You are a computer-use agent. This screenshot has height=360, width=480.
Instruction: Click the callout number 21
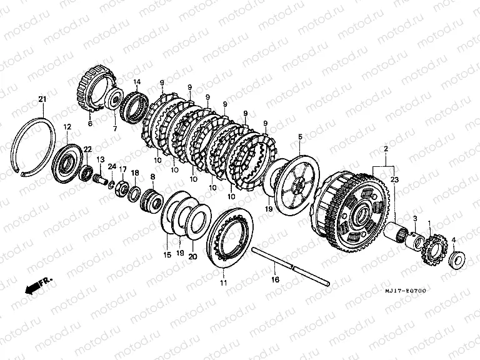coord(42,99)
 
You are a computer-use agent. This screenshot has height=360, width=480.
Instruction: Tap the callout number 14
coord(137,82)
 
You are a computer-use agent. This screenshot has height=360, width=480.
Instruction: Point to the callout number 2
coord(386,150)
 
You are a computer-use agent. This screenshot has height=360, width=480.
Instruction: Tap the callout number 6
coord(89,124)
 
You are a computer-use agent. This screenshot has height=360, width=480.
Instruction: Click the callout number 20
coord(192,256)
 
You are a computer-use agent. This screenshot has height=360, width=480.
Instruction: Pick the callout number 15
coord(167,255)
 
